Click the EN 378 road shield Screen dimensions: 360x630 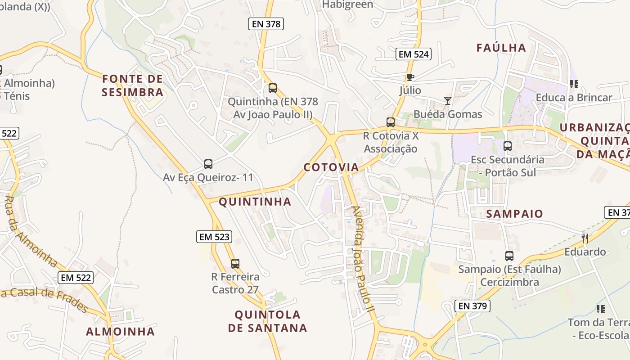tap(266, 24)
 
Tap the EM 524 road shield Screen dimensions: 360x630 tap(414, 54)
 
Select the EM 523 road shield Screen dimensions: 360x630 tap(214, 237)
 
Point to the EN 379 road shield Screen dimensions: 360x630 tap(472, 306)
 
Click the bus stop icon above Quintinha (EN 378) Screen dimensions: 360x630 tap(272, 88)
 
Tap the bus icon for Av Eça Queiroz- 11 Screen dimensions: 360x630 tap(208, 164)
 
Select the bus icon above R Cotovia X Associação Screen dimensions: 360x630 tap(391, 122)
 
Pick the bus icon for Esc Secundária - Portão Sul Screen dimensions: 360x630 tap(508, 146)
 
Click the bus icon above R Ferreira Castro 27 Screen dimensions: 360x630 tap(235, 264)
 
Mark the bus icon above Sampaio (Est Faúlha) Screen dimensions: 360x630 tap(509, 256)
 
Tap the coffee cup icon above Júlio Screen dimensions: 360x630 tap(410, 77)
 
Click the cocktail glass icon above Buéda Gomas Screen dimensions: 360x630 tap(447, 101)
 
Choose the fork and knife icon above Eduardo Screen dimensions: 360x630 tap(585, 238)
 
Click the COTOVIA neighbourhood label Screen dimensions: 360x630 tap(331, 167)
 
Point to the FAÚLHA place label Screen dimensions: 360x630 tap(501, 48)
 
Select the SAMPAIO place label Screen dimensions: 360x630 tap(515, 214)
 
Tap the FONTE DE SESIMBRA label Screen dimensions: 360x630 tap(132, 85)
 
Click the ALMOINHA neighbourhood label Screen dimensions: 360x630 tap(121, 332)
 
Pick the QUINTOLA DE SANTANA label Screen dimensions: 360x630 tap(268, 321)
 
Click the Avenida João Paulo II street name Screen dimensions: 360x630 tap(363, 259)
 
